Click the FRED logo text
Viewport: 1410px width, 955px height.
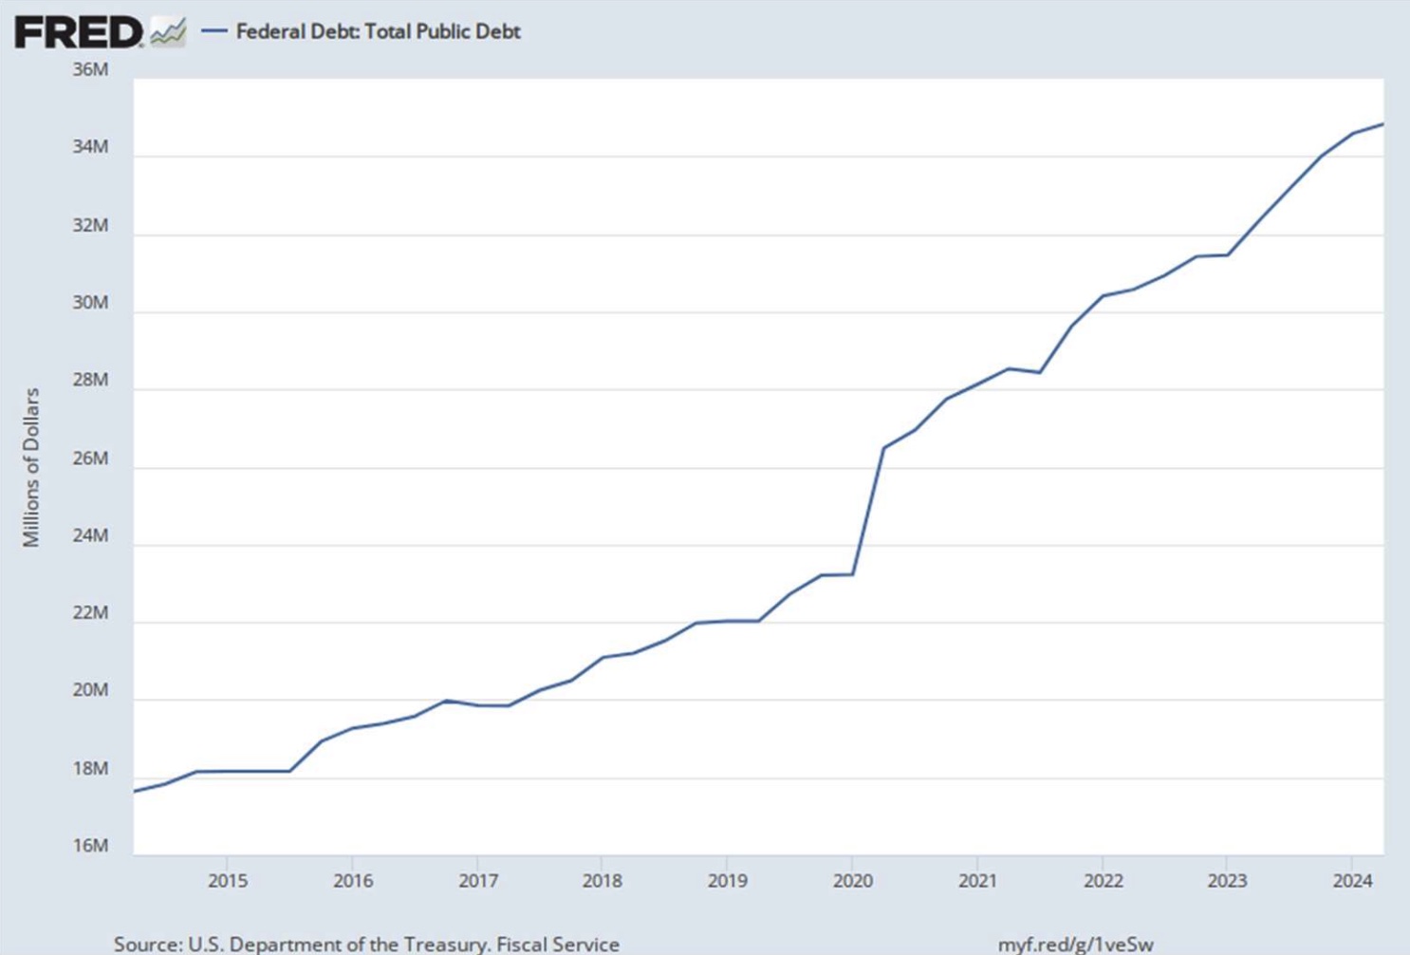78,32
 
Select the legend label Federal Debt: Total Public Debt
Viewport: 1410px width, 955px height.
378,31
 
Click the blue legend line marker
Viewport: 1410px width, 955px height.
214,31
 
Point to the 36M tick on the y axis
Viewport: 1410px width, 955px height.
90,69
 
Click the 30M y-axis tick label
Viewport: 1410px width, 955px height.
90,303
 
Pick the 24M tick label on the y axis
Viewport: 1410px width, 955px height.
90,535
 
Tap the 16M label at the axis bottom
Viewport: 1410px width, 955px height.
90,846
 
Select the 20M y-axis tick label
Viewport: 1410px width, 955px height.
90,690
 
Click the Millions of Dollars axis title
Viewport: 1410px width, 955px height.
31,467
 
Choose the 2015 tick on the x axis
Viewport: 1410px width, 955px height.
228,881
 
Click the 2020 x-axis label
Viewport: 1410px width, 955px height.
852,881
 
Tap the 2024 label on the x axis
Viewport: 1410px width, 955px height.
1352,881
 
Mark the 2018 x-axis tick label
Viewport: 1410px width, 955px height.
602,881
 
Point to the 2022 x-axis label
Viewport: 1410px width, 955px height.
1103,881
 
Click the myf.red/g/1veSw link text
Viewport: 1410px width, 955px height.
1075,945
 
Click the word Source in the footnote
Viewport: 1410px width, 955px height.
146,945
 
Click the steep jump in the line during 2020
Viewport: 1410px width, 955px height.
868,513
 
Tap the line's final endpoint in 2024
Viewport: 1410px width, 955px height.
1382,124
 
